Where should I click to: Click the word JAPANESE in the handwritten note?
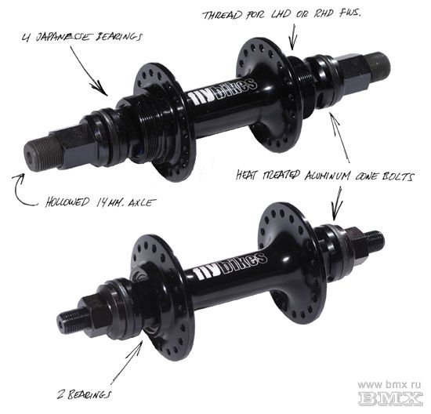(x=63, y=37)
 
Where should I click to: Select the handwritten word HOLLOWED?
(x=67, y=202)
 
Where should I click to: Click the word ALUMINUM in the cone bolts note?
(x=327, y=176)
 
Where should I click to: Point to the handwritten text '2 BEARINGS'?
(x=85, y=394)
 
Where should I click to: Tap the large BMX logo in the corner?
(x=390, y=398)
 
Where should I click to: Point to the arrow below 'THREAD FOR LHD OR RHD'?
(x=293, y=37)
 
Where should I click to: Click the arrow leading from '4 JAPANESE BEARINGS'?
(x=89, y=71)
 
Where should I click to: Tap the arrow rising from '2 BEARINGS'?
(x=126, y=362)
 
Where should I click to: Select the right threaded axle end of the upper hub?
(x=378, y=65)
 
